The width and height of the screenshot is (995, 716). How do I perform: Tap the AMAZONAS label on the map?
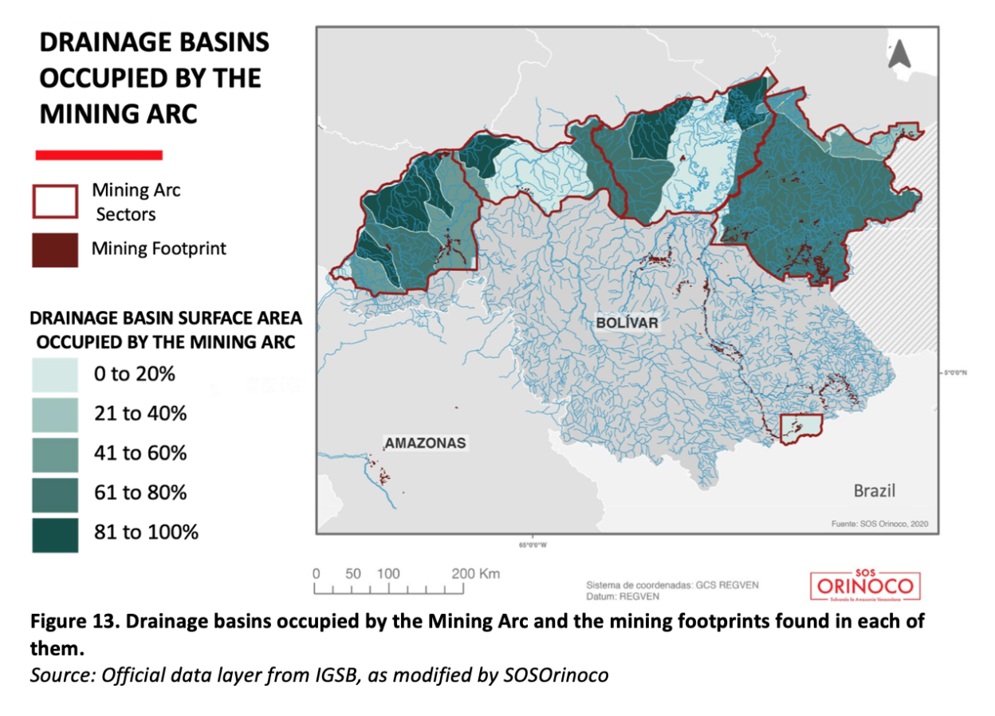(425, 443)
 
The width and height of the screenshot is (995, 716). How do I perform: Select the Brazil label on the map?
(875, 490)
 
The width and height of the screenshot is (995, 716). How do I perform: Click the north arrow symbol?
(900, 53)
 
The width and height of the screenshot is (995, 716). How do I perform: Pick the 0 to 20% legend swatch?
(55, 375)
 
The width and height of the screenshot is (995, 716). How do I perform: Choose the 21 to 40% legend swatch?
(55, 415)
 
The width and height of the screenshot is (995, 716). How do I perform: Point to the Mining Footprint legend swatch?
(55, 250)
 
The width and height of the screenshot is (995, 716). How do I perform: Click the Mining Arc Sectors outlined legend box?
(55, 202)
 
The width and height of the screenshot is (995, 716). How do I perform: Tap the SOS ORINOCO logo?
(866, 587)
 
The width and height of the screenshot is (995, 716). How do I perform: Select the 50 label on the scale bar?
(353, 574)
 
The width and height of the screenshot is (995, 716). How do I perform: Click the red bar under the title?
(99, 155)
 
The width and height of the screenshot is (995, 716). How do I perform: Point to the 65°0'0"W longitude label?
(533, 545)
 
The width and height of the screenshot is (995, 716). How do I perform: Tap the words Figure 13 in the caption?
(71, 622)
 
